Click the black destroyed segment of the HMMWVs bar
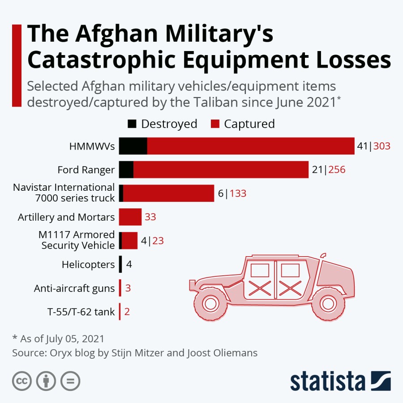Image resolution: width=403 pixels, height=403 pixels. tap(133, 146)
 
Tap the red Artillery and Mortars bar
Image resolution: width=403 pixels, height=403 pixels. tap(130, 217)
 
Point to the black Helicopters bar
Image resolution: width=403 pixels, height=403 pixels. tap(120, 264)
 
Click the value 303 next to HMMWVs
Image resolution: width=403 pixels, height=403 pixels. tap(382, 146)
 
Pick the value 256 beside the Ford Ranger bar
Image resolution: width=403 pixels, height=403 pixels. tap(337, 170)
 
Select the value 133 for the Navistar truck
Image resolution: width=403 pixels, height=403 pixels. tap(238, 193)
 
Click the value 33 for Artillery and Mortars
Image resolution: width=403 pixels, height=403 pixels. tap(150, 217)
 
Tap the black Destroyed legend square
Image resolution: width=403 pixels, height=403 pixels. tap(132, 124)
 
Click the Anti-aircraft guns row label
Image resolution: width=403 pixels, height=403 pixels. tap(74, 288)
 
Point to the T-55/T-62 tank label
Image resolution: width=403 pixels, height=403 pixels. tap(81, 312)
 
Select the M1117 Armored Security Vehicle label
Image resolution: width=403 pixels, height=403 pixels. tap(78, 240)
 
